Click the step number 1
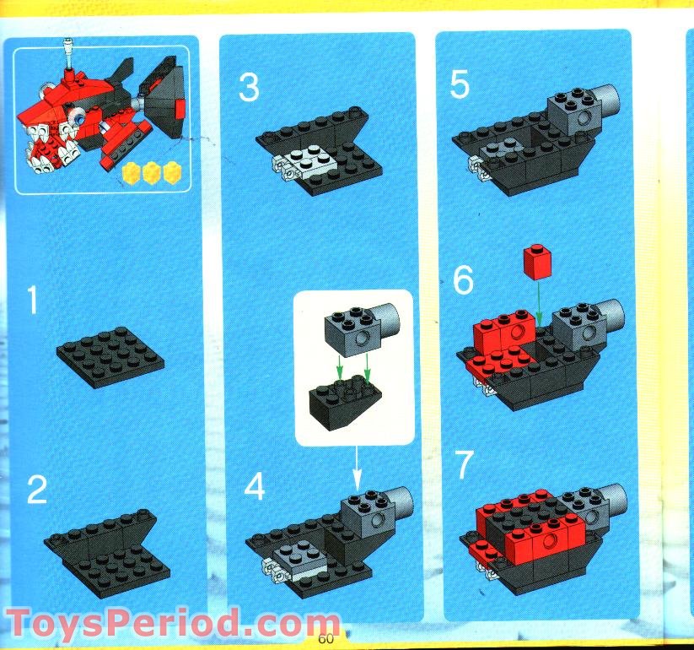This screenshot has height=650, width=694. (x=32, y=301)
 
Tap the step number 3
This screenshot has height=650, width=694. (x=248, y=87)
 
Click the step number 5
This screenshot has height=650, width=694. (x=460, y=84)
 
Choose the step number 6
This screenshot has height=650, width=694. (x=463, y=282)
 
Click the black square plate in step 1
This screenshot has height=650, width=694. (x=110, y=356)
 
